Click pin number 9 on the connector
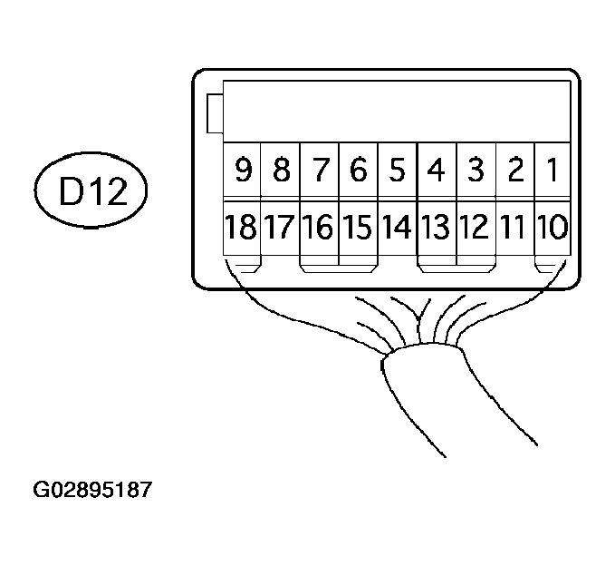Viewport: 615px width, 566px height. pos(241,170)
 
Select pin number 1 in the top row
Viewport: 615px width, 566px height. pos(553,170)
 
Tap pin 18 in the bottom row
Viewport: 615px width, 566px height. pos(241,227)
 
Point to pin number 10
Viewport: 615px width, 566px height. pos(553,227)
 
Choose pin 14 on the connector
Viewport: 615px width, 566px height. pos(397,227)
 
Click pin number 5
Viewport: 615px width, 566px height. pos(397,170)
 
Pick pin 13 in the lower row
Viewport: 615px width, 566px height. pos(436,227)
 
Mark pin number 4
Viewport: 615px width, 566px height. pos(436,170)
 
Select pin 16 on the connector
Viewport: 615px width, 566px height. pos(319,227)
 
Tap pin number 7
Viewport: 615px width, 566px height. pos(319,170)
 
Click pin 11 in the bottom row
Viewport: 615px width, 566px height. pos(514,227)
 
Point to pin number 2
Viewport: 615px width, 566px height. pos(514,170)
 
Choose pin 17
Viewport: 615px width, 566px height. pos(280,227)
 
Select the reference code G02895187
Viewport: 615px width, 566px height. pos(93,491)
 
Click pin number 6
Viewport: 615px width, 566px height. pos(358,170)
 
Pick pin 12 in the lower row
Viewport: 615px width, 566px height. pos(475,227)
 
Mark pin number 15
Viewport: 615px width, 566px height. pos(358,227)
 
